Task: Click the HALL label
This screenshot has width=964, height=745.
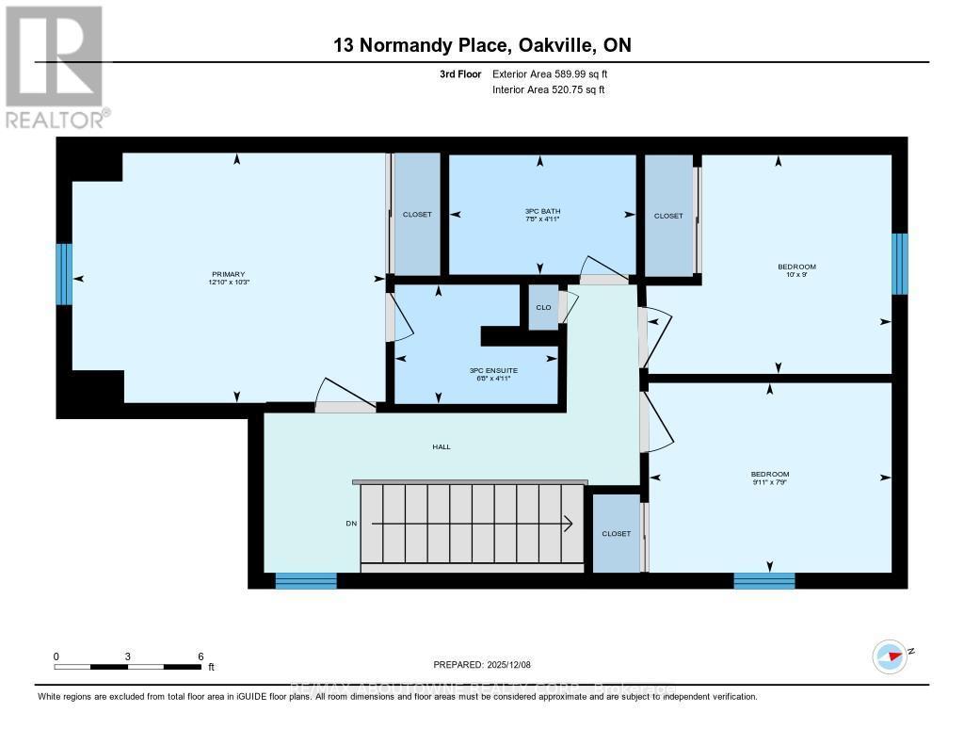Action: tap(442, 446)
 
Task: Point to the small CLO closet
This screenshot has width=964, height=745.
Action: tap(543, 308)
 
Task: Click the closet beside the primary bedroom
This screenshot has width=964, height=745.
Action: tap(417, 215)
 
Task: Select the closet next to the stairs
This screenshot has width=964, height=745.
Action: tap(617, 534)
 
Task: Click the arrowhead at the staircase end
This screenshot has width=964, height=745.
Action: tap(570, 523)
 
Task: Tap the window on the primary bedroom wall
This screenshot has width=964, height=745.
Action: tap(64, 274)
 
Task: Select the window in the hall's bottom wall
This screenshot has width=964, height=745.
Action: tap(306, 581)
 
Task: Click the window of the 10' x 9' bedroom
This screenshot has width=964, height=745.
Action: tap(900, 264)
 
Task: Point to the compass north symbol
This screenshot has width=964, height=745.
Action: tap(889, 656)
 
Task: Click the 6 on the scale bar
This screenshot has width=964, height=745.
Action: tap(201, 656)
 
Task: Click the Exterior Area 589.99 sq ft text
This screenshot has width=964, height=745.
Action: tap(556, 73)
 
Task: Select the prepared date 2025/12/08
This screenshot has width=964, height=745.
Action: tap(482, 665)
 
